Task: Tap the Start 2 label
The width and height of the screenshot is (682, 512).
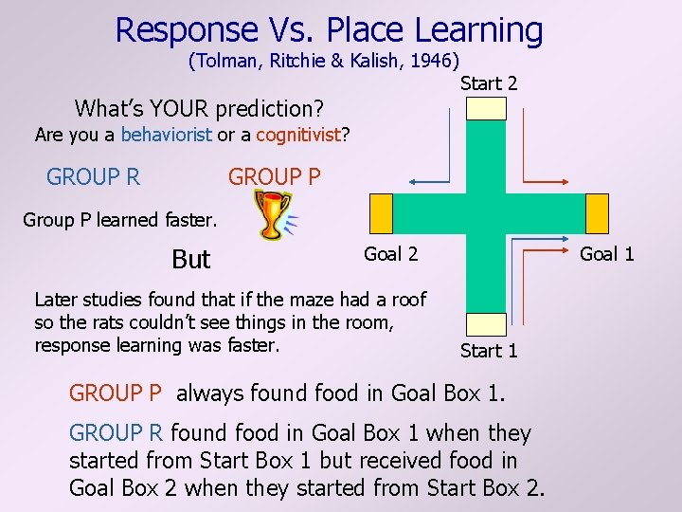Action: (489, 83)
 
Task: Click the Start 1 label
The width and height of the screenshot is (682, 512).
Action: (489, 351)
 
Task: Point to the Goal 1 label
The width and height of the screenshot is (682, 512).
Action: (607, 253)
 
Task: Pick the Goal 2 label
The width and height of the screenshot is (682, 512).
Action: (390, 253)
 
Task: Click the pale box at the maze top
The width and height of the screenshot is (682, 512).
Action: (488, 108)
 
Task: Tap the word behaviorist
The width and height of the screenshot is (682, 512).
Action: (167, 135)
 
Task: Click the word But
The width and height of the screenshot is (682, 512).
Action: (191, 260)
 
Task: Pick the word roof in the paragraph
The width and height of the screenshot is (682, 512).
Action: (408, 300)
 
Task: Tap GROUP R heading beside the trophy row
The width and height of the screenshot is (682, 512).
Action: (94, 177)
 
